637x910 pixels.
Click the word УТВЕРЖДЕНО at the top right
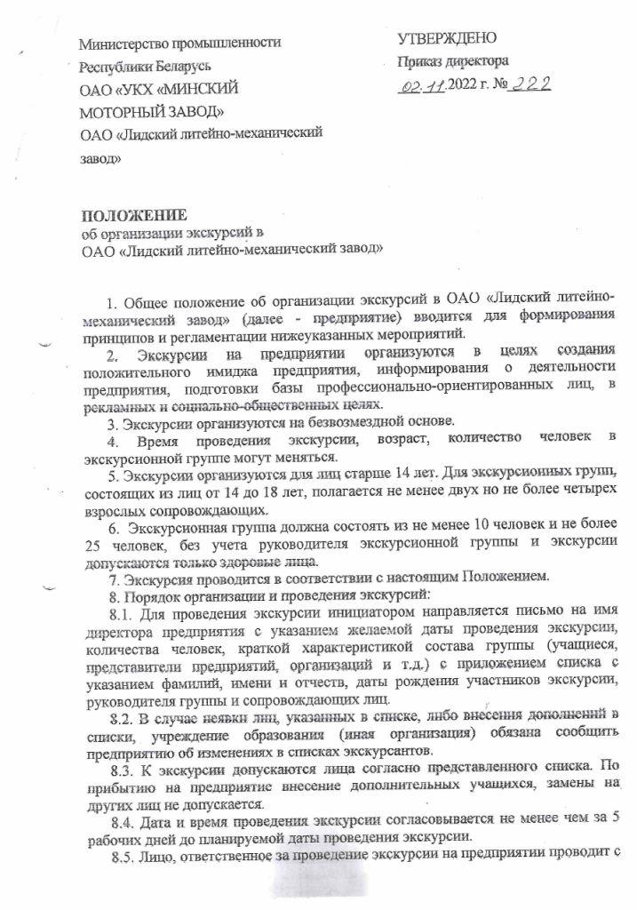pyautogui.click(x=446, y=38)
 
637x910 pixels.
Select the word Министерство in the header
pyautogui.click(x=123, y=43)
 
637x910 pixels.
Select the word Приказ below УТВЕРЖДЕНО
pyautogui.click(x=420, y=62)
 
